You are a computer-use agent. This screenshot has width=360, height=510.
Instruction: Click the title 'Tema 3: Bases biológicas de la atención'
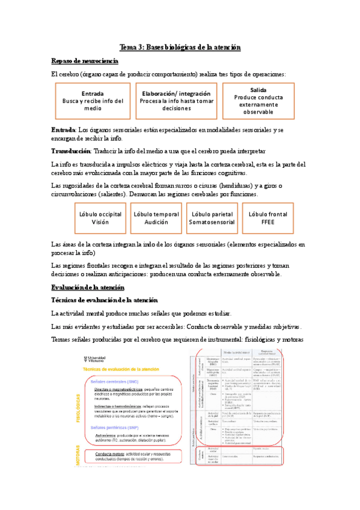(x=180, y=47)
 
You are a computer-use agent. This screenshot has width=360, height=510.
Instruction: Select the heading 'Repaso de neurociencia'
(x=85, y=61)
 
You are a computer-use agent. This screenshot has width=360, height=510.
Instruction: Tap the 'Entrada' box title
(x=93, y=94)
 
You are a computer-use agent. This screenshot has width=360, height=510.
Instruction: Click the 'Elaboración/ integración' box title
(x=176, y=93)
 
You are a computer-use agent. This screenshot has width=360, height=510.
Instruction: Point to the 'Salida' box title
(x=258, y=90)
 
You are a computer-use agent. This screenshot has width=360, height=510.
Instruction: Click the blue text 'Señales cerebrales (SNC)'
(x=114, y=382)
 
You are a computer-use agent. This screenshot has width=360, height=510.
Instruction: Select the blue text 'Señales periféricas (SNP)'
(x=115, y=428)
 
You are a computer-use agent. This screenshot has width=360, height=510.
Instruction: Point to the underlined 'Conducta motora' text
(x=104, y=454)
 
